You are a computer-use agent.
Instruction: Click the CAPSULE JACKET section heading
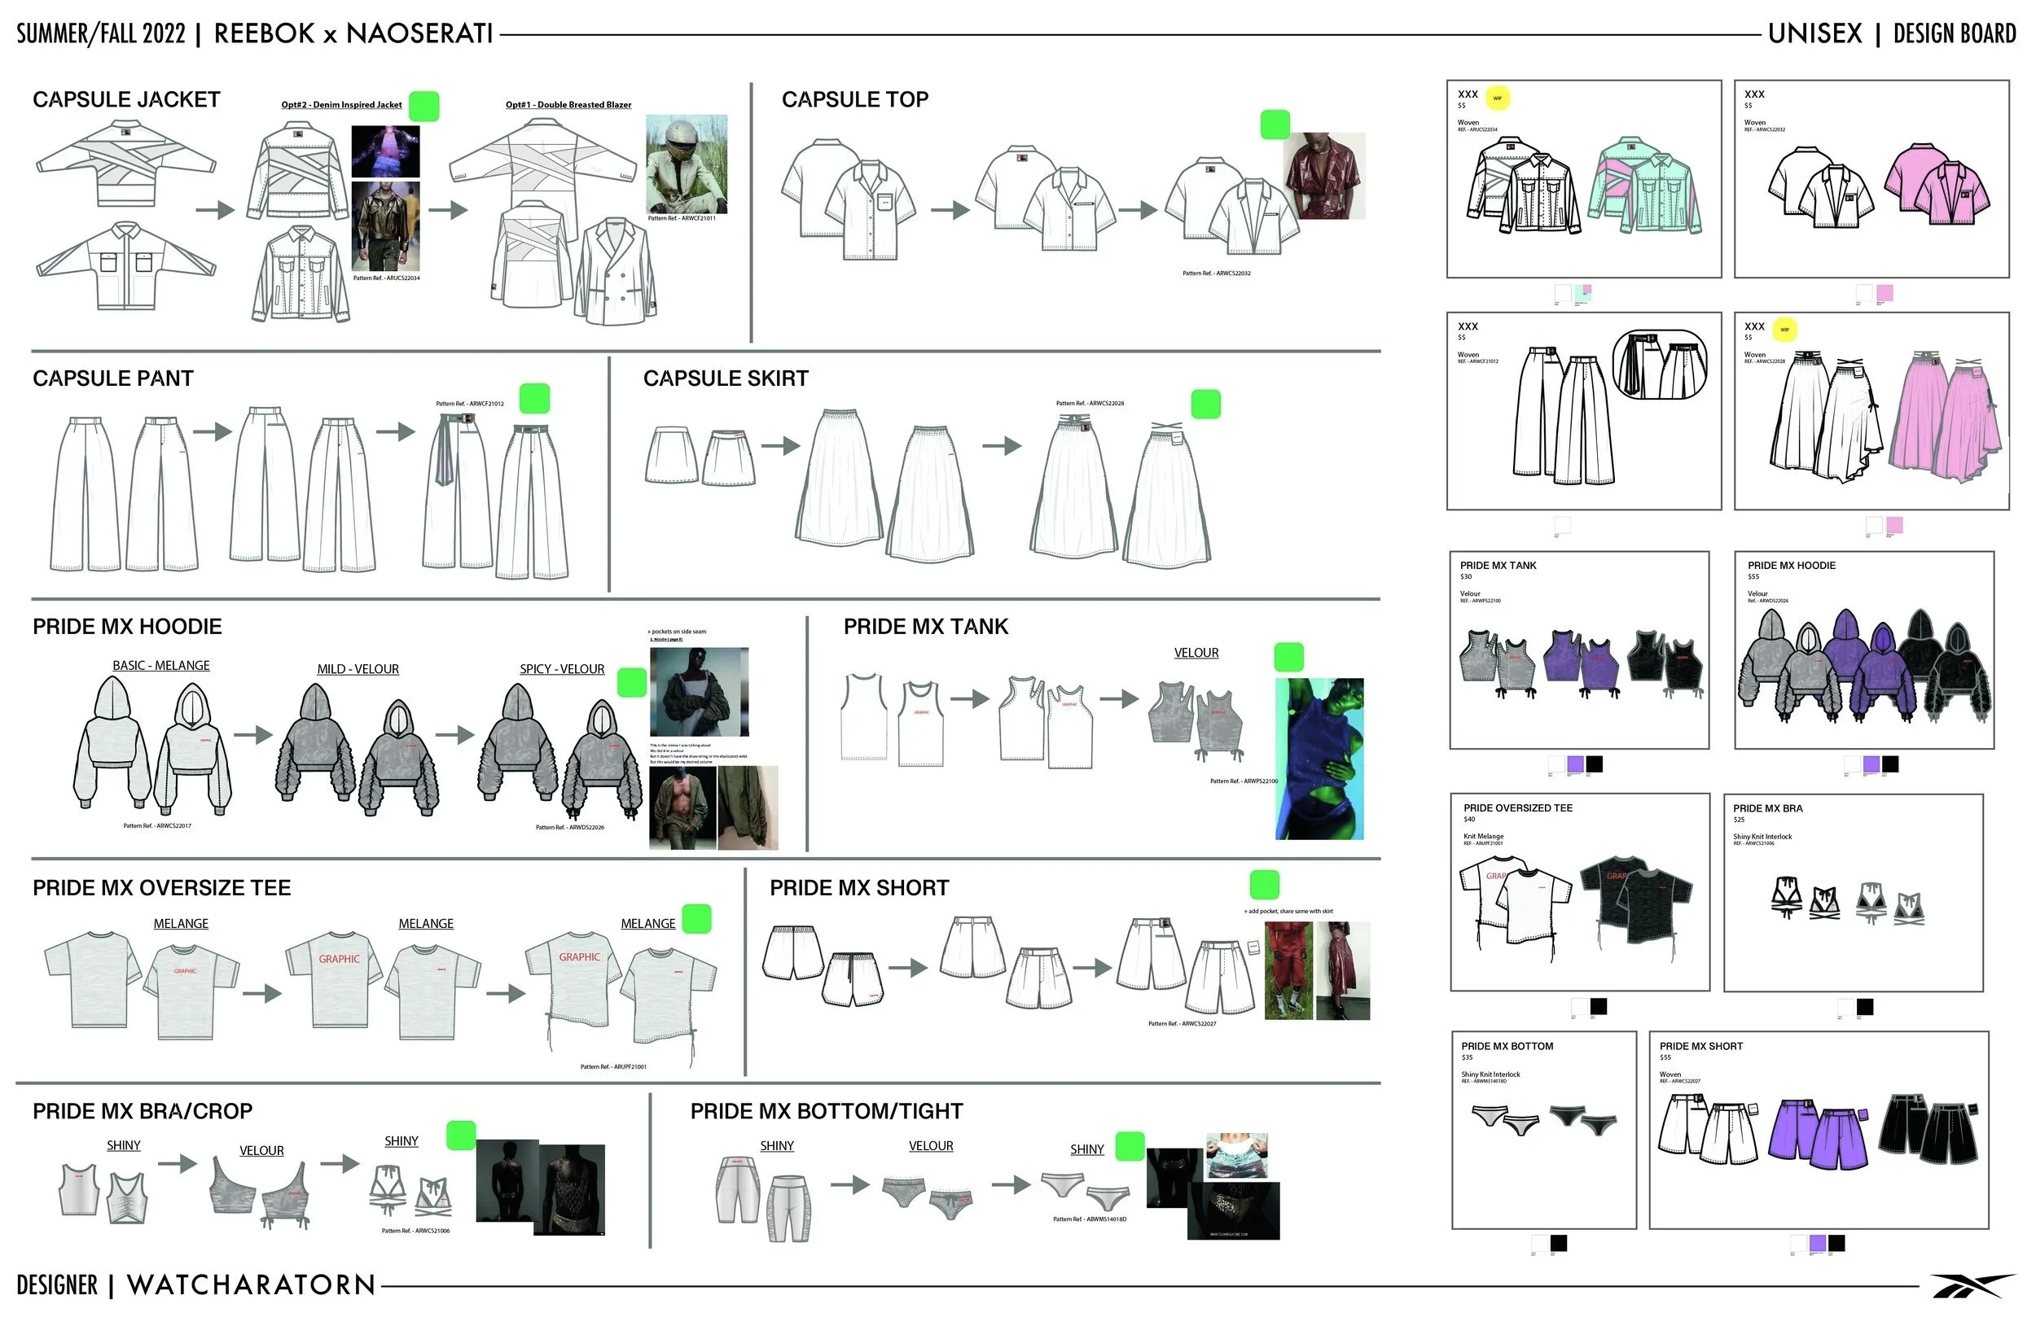[x=126, y=100]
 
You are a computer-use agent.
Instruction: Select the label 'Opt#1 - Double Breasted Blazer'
[x=568, y=105]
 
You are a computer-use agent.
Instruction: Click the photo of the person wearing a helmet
[x=686, y=164]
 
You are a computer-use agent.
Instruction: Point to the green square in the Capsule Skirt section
[x=1205, y=405]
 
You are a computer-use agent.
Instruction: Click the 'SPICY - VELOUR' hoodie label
[x=562, y=670]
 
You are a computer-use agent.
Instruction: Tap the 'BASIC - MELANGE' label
[x=160, y=666]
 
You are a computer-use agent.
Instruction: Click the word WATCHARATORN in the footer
[x=252, y=1285]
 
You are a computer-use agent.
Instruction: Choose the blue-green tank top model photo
[x=1319, y=759]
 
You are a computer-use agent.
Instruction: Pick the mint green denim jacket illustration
[x=1643, y=186]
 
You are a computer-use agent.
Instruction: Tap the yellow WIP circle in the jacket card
[x=1497, y=98]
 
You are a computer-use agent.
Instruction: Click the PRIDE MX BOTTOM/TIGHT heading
[x=827, y=1112]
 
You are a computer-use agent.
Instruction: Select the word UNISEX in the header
[x=1815, y=34]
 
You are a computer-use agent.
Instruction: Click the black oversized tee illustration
[x=1635, y=898]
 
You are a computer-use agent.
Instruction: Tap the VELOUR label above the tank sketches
[x=1196, y=654]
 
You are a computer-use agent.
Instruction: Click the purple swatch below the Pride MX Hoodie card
[x=1871, y=764]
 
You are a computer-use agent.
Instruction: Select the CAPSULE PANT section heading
[x=113, y=378]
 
